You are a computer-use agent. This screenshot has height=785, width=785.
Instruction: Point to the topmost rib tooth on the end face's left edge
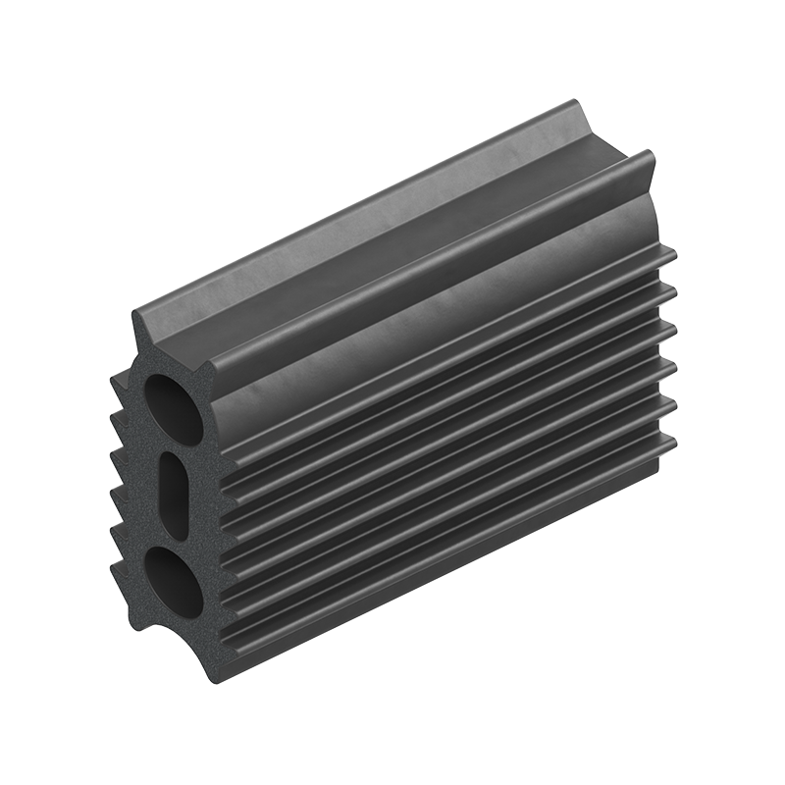click(117, 374)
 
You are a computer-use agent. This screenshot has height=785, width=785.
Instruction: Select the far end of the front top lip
click(650, 154)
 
